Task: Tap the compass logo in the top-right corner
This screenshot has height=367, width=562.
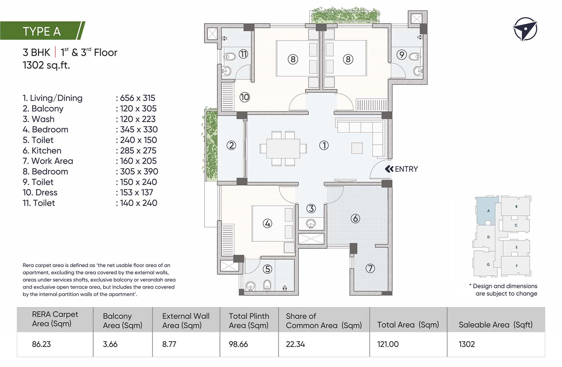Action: [x=525, y=29]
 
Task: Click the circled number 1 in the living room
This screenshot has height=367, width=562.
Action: [x=324, y=145]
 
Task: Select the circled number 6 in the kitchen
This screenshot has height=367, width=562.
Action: [x=355, y=219]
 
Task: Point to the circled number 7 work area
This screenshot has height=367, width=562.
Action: [x=370, y=268]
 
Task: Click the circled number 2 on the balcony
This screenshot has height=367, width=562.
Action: [x=231, y=145]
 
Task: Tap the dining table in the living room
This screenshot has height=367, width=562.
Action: [x=283, y=148]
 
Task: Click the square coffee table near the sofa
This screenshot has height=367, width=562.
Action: [x=357, y=148]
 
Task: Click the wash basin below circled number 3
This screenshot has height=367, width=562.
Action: [x=311, y=224]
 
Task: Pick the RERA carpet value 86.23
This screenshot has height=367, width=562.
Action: [x=42, y=344]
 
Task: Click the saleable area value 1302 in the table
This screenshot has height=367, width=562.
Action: [x=467, y=344]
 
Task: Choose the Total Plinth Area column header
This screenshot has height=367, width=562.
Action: [x=249, y=320]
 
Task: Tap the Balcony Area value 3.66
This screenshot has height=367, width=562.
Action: [x=110, y=344]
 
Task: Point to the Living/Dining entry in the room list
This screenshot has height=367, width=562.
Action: [x=52, y=98]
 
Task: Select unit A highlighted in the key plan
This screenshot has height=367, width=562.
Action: [x=488, y=211]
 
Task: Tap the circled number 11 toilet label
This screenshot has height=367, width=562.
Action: [x=243, y=54]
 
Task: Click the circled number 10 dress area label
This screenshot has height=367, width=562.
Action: [x=245, y=97]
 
